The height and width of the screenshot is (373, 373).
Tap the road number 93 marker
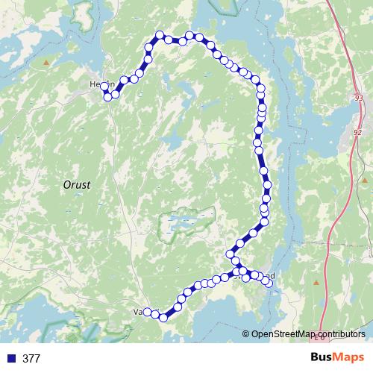click(x=360, y=98)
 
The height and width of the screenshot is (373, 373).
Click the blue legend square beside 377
click(x=11, y=358)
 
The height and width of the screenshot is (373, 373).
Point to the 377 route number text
click(x=31, y=358)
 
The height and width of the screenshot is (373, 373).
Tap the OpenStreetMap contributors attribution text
click(x=308, y=333)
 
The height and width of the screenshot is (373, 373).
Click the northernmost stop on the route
click(x=160, y=34)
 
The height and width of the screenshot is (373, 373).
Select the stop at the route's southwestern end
click(x=148, y=312)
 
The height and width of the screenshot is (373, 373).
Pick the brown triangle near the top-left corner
click(x=46, y=63)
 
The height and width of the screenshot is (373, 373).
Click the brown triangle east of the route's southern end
click(x=316, y=283)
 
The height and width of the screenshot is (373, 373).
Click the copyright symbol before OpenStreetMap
click(x=246, y=333)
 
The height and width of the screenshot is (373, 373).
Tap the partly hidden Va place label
click(x=137, y=312)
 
